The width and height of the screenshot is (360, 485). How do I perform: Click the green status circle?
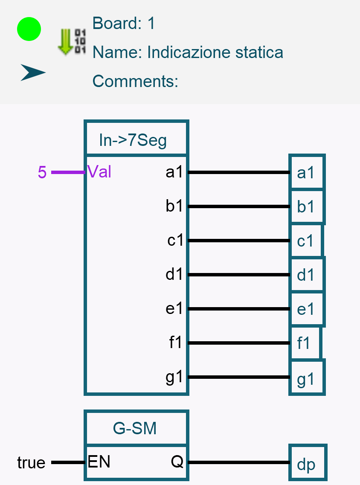(29, 29)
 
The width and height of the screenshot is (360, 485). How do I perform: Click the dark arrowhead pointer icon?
(33, 73)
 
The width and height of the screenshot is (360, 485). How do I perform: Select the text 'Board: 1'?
(124, 23)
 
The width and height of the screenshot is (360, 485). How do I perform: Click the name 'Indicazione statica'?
(215, 52)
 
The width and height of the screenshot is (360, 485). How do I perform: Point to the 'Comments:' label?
(135, 81)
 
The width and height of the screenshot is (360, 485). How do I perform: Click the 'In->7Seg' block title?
(133, 140)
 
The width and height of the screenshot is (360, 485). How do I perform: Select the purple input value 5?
(42, 172)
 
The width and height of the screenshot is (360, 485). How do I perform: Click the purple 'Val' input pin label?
(99, 172)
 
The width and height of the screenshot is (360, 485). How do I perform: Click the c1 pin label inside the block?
(175, 241)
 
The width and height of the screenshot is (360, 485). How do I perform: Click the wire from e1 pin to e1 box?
(239, 309)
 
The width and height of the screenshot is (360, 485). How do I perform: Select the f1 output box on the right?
(305, 343)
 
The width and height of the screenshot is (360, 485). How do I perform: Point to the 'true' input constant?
(31, 462)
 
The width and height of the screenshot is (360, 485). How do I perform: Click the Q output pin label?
(177, 462)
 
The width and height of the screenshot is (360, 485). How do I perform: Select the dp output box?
(307, 463)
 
